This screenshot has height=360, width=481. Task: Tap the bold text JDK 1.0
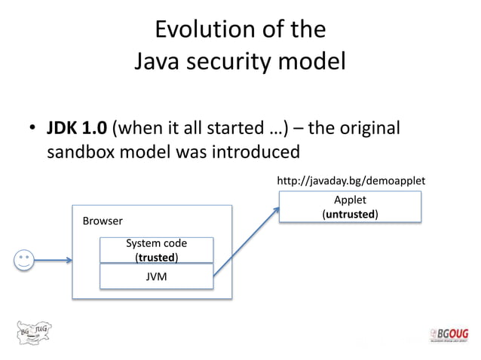77,127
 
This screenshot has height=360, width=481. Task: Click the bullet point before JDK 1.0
33,129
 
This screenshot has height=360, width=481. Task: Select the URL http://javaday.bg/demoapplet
351,181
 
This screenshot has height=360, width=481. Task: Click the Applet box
350,206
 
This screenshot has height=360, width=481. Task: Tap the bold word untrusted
350,214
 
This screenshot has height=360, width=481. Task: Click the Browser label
102,221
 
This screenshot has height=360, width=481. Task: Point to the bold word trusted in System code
156,257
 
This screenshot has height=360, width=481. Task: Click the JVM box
156,276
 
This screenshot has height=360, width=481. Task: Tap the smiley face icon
24,261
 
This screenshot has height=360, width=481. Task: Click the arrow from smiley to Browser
53,261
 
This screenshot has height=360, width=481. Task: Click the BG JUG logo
35,332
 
